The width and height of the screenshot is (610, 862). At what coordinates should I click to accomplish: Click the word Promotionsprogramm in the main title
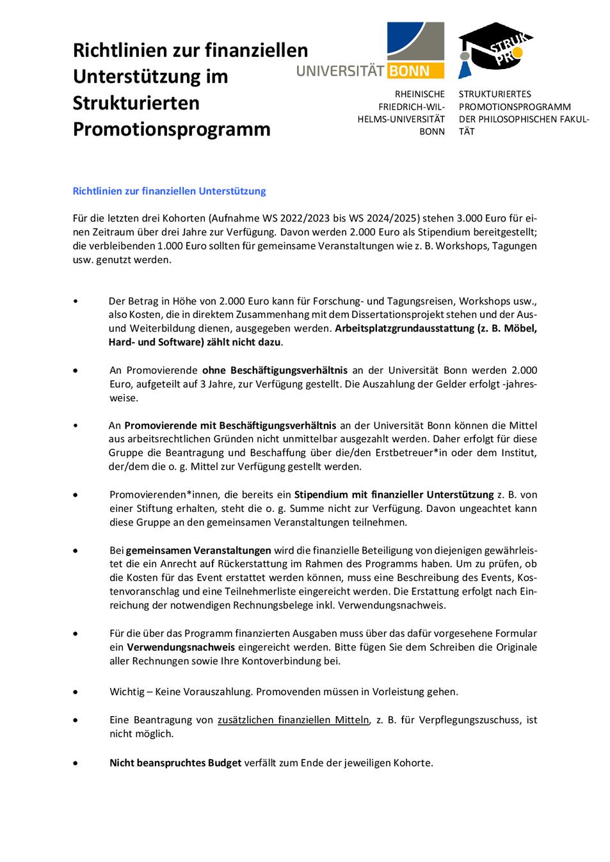click(x=172, y=129)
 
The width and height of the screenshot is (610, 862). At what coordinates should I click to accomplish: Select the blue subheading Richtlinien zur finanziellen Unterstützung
click(x=169, y=191)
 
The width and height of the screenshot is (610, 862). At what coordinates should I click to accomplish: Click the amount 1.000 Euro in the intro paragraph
click(x=184, y=246)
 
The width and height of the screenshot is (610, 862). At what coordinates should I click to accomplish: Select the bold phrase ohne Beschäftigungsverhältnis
click(x=275, y=370)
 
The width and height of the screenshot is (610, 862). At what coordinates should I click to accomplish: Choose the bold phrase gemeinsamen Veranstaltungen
click(x=198, y=550)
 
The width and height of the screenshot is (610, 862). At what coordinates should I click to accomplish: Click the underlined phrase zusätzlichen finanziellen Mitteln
click(x=293, y=719)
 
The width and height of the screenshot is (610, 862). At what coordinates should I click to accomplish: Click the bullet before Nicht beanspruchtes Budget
click(x=76, y=763)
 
